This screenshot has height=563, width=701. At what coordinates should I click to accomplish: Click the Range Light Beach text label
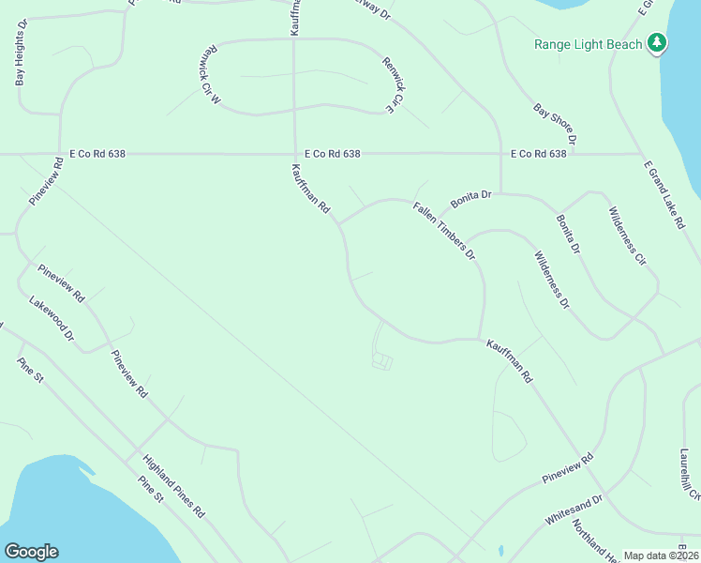pos(589,44)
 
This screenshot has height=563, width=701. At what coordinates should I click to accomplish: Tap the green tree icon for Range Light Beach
pos(658,42)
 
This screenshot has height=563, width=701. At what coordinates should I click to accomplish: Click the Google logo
pos(31,552)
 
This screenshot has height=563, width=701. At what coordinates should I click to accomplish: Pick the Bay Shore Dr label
pos(555,124)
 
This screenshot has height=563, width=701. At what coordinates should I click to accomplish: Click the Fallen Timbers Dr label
pos(444,228)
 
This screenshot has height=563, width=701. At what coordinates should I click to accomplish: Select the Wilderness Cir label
pos(628,235)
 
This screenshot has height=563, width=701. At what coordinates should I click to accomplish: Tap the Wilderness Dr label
pos(552,279)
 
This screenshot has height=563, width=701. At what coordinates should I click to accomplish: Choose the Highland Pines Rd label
pos(174,486)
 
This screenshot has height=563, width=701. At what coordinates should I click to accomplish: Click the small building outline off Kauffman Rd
pos(381,360)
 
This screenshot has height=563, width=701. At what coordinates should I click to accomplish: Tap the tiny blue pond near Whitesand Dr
pos(501,549)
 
